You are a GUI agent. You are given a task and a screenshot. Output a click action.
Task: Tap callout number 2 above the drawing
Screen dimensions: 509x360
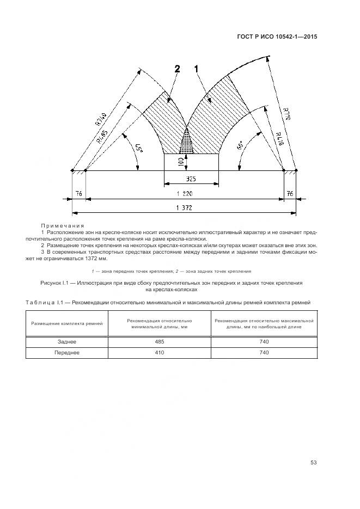(x=177, y=69)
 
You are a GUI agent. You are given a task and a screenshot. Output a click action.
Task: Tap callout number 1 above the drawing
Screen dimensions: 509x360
(x=197, y=69)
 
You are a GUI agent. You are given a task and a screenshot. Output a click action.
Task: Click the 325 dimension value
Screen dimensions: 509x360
(x=191, y=179)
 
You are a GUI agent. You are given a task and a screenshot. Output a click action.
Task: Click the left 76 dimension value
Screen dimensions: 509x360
(x=78, y=193)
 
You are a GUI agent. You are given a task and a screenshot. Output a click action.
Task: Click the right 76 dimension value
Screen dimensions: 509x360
(x=290, y=193)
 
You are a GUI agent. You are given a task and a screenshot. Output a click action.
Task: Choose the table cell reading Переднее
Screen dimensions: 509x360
(x=67, y=353)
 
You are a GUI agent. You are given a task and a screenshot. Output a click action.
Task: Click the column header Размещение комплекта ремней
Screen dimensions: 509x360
(x=67, y=323)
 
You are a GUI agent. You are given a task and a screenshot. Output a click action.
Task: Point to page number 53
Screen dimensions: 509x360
(x=313, y=463)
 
